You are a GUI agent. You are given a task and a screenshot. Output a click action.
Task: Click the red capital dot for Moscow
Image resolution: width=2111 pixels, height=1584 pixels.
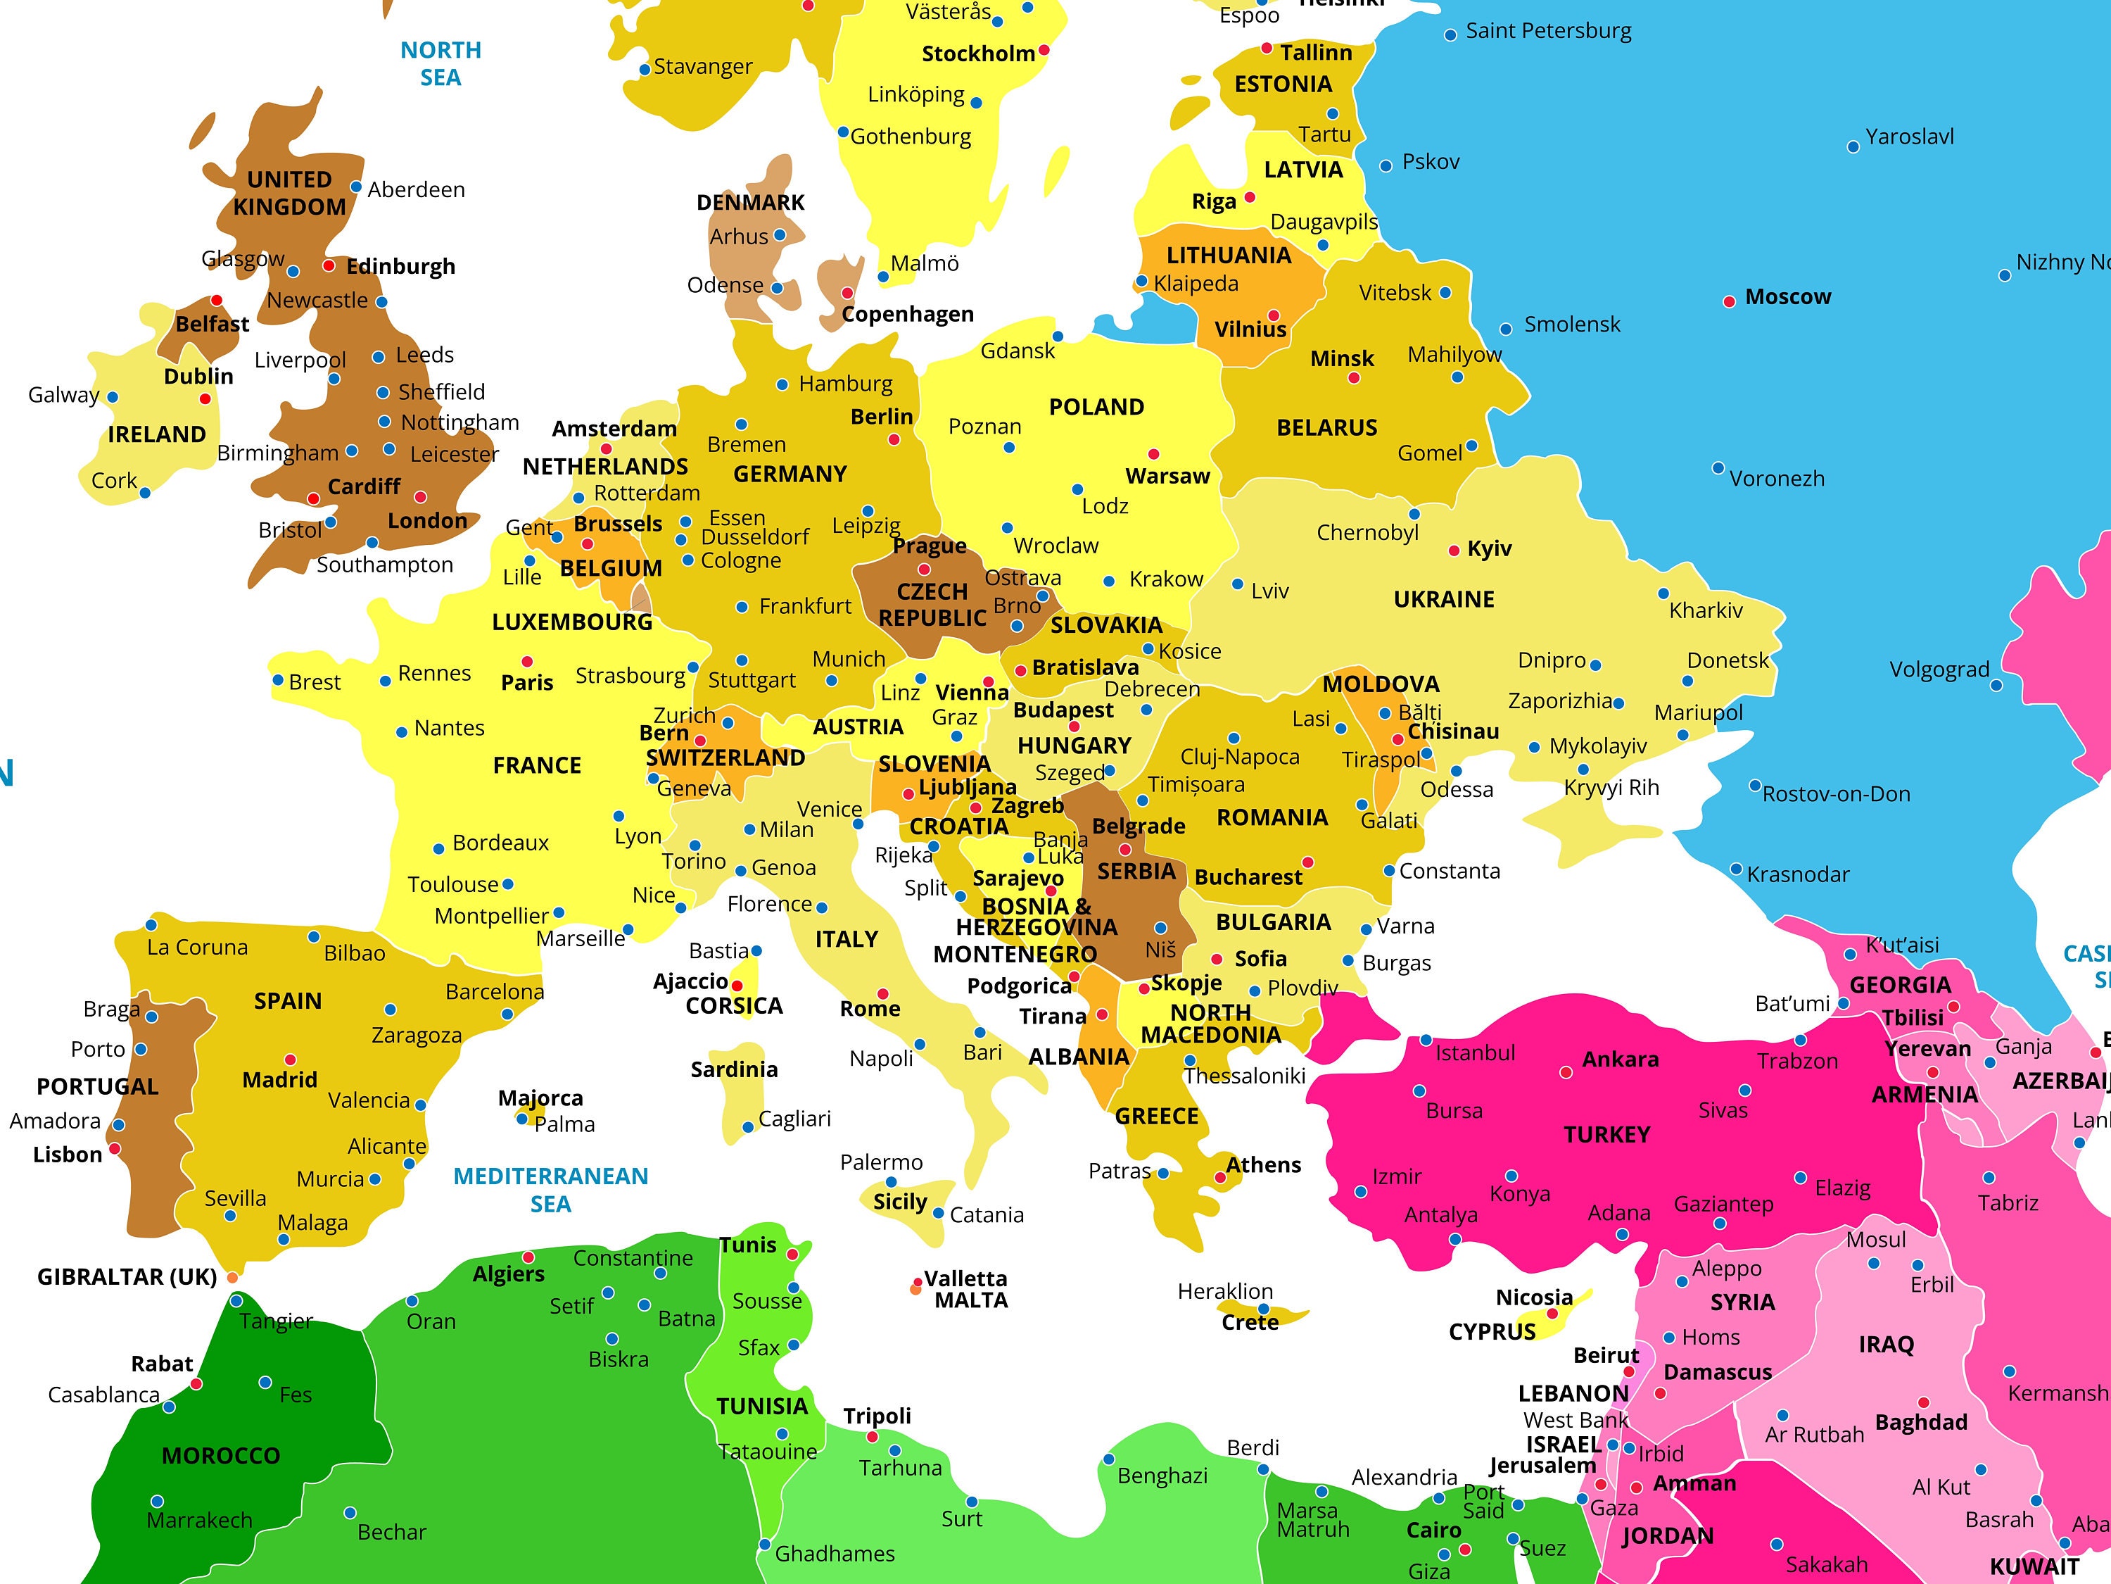pyautogui.click(x=1728, y=302)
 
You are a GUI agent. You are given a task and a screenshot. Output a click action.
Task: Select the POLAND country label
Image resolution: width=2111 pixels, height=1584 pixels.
pyautogui.click(x=1096, y=407)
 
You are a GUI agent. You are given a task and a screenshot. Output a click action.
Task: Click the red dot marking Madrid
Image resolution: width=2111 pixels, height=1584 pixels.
pyautogui.click(x=290, y=1060)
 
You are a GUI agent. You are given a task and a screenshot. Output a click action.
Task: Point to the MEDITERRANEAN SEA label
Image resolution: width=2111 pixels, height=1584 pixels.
pyautogui.click(x=551, y=1190)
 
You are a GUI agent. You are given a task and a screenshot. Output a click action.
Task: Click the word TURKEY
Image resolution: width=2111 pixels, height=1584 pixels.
pyautogui.click(x=1606, y=1134)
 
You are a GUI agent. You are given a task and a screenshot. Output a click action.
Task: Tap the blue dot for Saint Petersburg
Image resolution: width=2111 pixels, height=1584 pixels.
pyautogui.click(x=1450, y=35)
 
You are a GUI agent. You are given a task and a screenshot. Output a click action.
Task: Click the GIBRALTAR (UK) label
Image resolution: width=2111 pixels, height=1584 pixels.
pyautogui.click(x=127, y=1276)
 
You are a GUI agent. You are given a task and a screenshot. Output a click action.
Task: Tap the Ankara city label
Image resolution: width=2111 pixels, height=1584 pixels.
pyautogui.click(x=1620, y=1059)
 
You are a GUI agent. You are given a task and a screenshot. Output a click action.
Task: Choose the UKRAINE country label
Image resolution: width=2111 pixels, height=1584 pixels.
pyautogui.click(x=1443, y=600)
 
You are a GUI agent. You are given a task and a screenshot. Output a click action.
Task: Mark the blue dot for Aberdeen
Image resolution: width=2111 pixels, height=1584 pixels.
pyautogui.click(x=356, y=187)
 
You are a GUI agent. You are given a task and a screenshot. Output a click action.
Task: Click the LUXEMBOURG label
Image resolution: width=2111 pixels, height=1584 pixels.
pyautogui.click(x=571, y=622)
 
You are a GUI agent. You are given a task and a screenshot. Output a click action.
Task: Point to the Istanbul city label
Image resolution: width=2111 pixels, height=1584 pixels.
pyautogui.click(x=1474, y=1052)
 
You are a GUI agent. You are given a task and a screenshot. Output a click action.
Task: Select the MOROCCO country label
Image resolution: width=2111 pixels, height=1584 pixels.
pyautogui.click(x=220, y=1455)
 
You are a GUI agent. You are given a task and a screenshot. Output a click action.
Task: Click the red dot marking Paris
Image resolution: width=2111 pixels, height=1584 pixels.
pyautogui.click(x=527, y=662)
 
